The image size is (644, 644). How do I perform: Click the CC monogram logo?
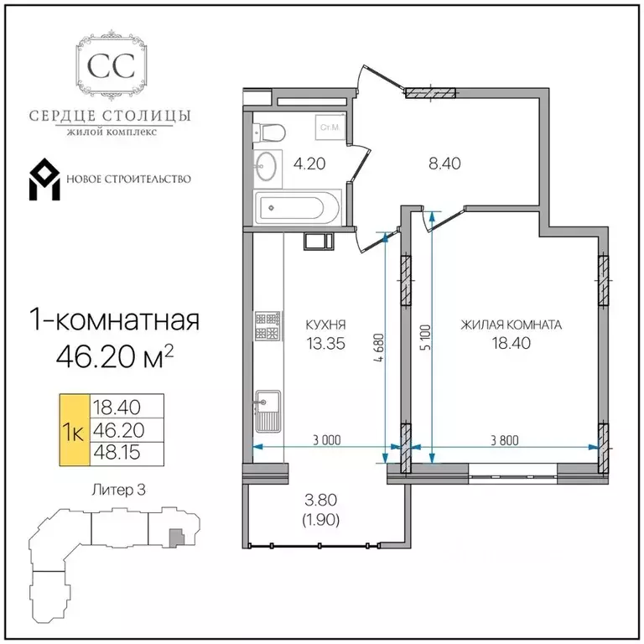pyautogui.click(x=112, y=64)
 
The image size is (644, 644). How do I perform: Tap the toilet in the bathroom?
pyautogui.click(x=269, y=132)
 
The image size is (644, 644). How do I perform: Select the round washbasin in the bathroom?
pyautogui.click(x=267, y=166)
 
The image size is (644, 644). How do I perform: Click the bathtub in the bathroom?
pyautogui.click(x=298, y=208)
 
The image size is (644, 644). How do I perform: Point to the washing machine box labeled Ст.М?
pyautogui.click(x=330, y=127)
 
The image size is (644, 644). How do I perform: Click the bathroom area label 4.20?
pyautogui.click(x=309, y=164)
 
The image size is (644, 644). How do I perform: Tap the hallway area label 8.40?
pyautogui.click(x=444, y=164)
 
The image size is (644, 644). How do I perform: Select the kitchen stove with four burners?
pyautogui.click(x=267, y=325)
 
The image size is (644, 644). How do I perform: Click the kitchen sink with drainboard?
pyautogui.click(x=267, y=411)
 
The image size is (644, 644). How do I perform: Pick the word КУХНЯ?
pyautogui.click(x=325, y=325)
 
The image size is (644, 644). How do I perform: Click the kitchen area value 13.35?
pyautogui.click(x=326, y=343)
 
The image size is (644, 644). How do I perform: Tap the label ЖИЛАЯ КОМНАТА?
pyautogui.click(x=511, y=325)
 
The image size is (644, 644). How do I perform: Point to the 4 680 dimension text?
pyautogui.click(x=379, y=347)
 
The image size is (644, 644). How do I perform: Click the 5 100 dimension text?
pyautogui.click(x=426, y=337)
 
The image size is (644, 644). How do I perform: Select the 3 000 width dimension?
pyautogui.click(x=327, y=440)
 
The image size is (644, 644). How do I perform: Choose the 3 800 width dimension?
pyautogui.click(x=505, y=440)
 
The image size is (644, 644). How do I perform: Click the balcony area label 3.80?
pyautogui.click(x=321, y=500)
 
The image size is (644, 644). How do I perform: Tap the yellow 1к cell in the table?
pyautogui.click(x=75, y=430)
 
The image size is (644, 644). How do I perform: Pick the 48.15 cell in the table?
pyautogui.click(x=117, y=453)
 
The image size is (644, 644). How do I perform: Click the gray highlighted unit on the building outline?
pyautogui.click(x=176, y=538)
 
